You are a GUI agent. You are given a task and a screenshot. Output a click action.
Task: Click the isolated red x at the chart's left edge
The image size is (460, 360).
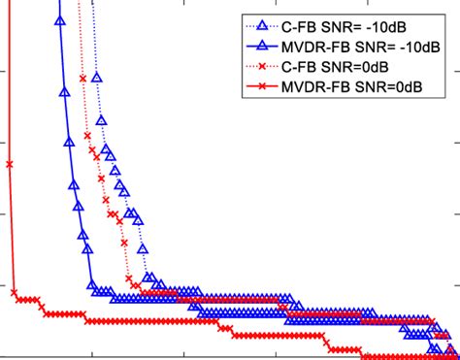point(9,165)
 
